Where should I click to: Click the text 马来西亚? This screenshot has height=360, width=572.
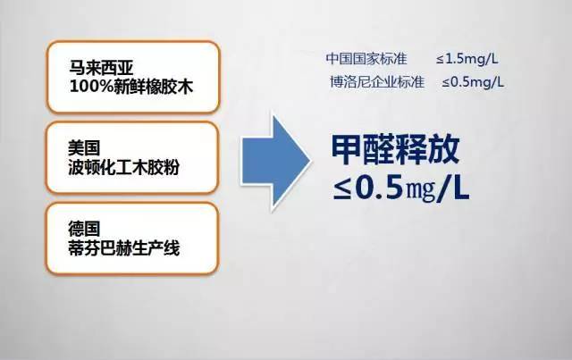coord(101,68)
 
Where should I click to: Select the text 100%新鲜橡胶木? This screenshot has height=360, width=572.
coord(131,87)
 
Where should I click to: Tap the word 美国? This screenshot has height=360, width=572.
coord(84,148)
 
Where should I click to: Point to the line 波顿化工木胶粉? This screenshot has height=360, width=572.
coord(123,167)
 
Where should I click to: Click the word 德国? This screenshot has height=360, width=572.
coord(84,229)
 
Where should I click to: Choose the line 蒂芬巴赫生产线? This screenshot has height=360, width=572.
coord(123,248)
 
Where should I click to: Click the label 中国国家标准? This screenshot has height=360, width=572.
coord(366,58)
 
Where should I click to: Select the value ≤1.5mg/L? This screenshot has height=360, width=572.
coord(467,59)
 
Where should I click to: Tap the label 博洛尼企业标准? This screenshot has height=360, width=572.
coord(377,81)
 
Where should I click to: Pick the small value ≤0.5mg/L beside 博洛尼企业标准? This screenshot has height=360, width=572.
coord(473,81)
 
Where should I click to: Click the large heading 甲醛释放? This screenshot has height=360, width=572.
coord(395,149)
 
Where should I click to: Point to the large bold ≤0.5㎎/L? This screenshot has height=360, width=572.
coord(401,188)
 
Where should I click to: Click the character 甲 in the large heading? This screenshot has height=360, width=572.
coord(347,149)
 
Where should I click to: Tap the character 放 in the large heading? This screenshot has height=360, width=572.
coord(443,149)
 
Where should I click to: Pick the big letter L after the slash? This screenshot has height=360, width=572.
coord(460,188)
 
